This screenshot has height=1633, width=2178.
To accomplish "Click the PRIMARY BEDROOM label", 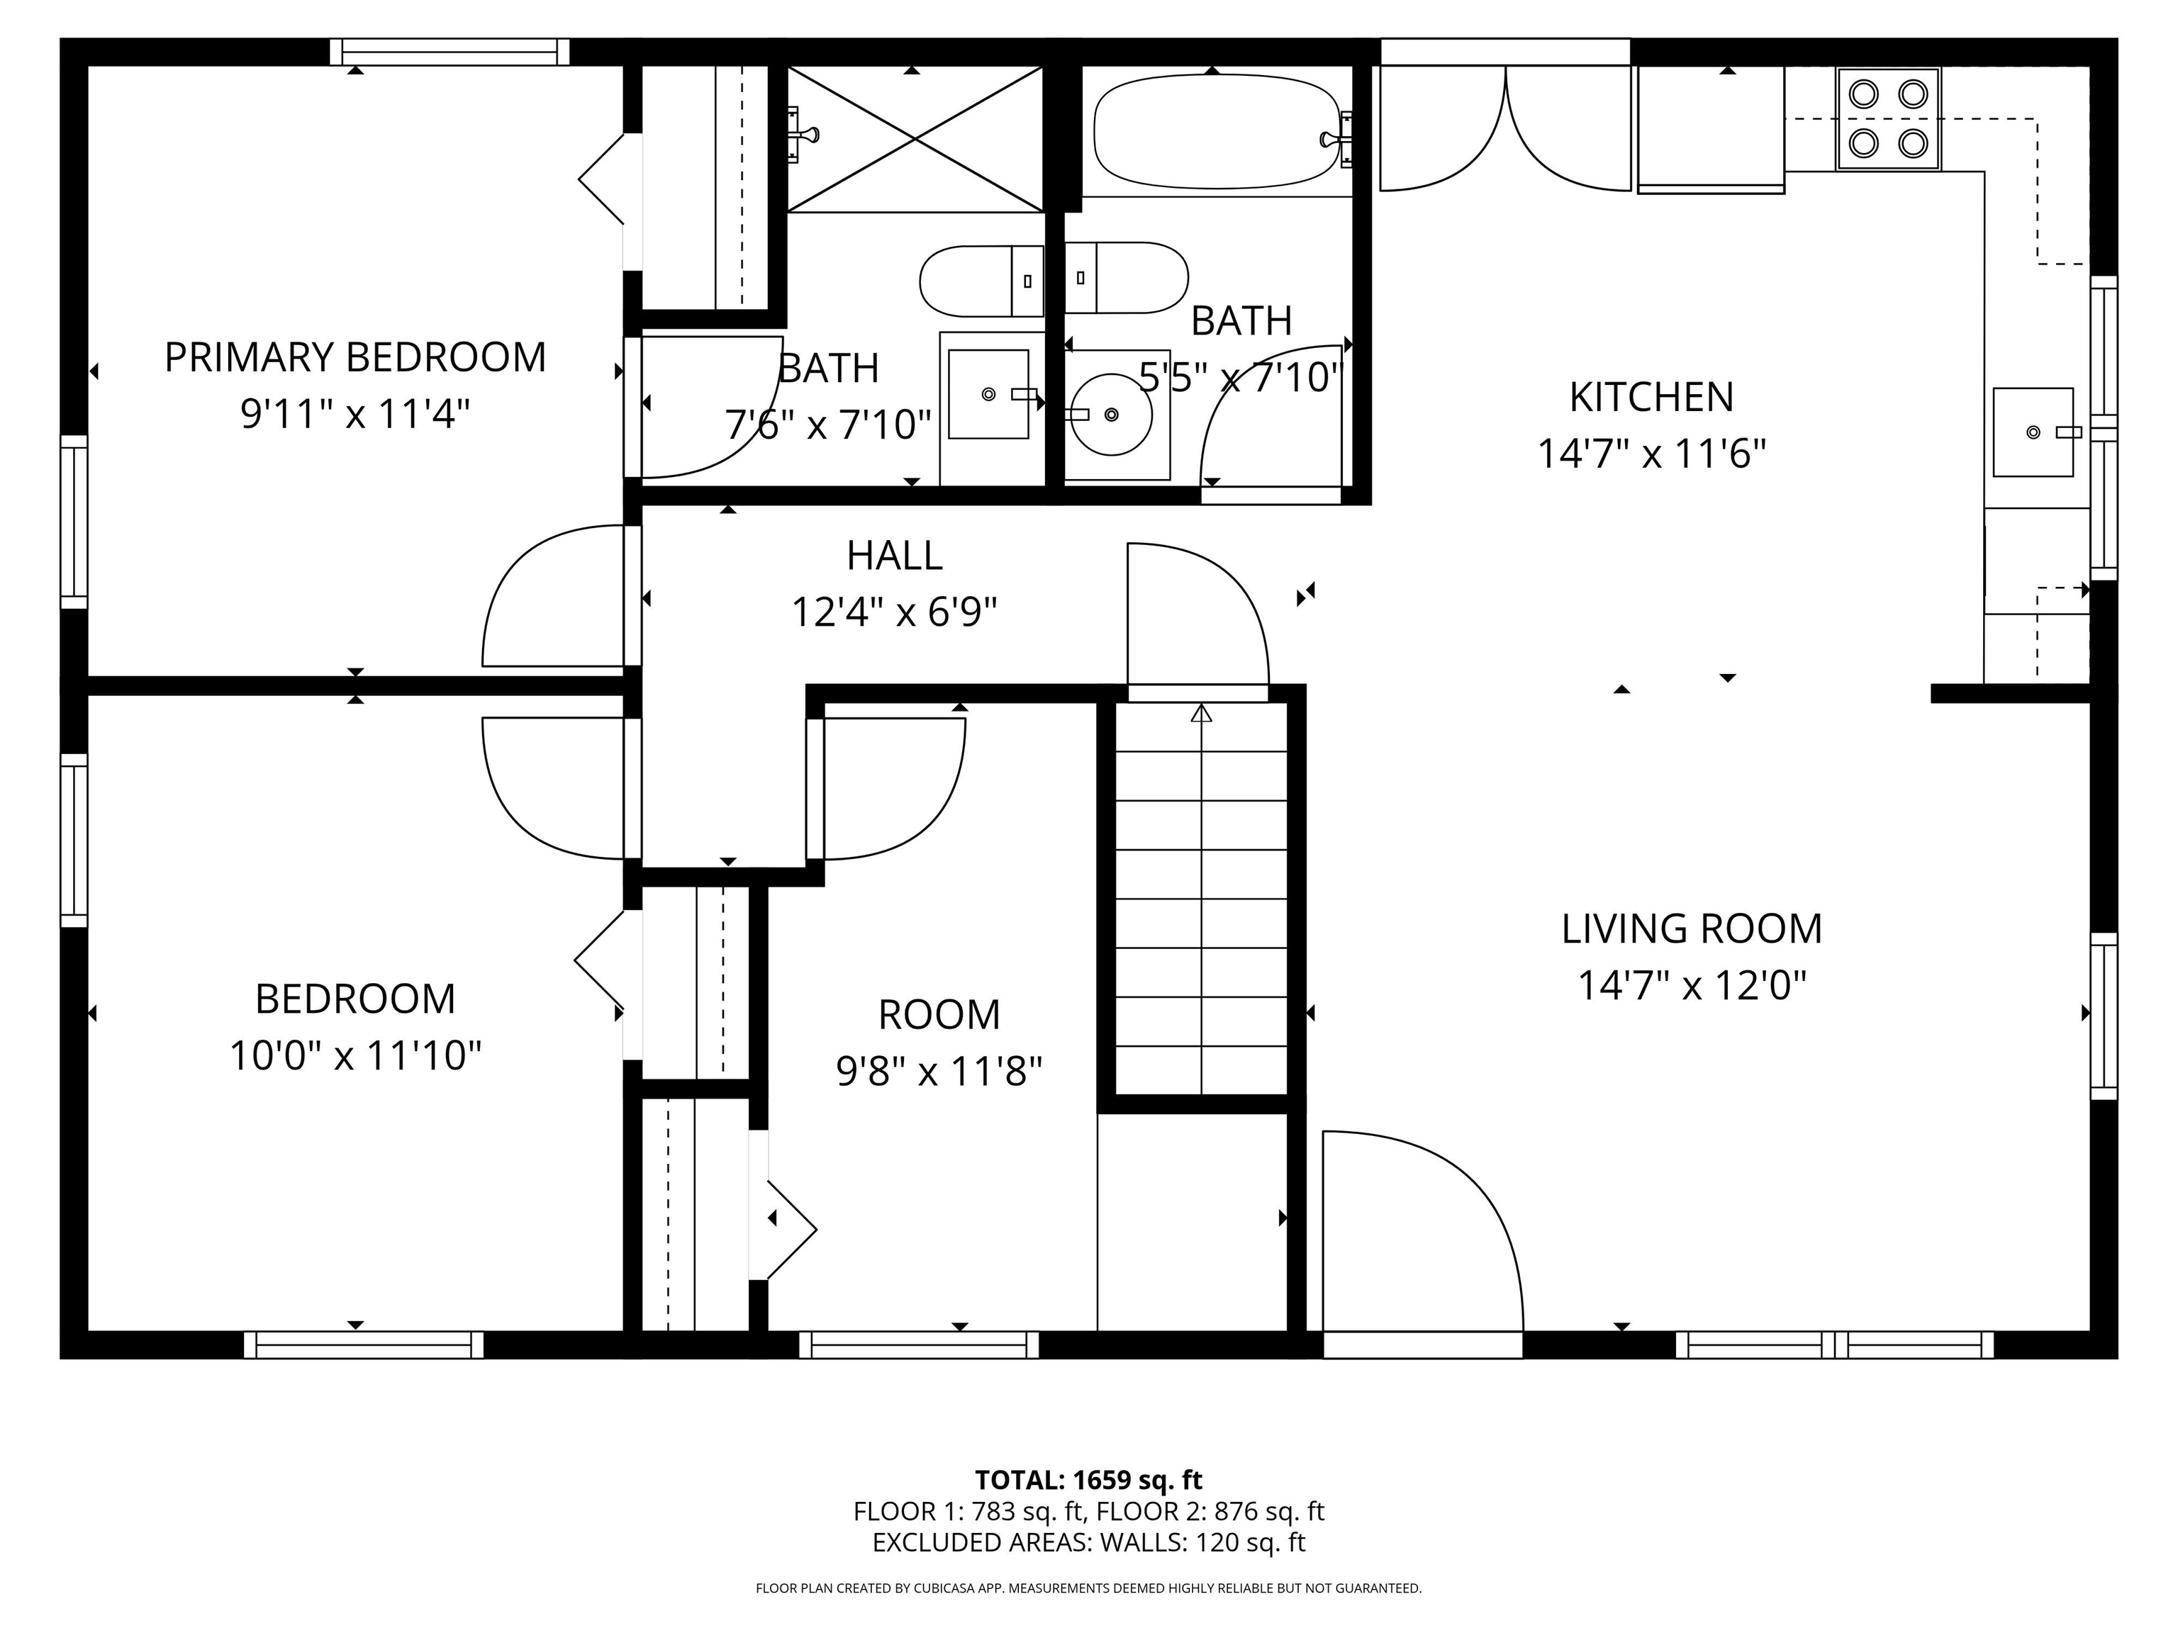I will click(x=354, y=357).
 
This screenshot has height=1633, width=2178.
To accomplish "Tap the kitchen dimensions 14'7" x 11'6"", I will click(x=1651, y=454).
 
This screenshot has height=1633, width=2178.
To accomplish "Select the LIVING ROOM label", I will click(x=1691, y=929).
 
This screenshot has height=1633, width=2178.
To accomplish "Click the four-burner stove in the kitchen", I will click(x=1887, y=119).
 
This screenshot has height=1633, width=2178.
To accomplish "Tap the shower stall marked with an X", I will click(x=915, y=139).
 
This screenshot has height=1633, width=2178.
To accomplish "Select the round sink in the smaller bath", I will click(x=1111, y=415).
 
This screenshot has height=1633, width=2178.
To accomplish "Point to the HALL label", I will click(x=894, y=556).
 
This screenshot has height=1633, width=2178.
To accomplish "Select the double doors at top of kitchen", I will click(x=1504, y=128).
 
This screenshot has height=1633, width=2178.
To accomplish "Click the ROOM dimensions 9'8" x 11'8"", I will click(x=939, y=1071).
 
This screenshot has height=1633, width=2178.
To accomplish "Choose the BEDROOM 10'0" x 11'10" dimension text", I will click(x=354, y=1056).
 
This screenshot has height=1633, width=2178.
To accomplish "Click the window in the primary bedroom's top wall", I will click(x=449, y=52).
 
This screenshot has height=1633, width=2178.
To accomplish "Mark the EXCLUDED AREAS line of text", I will click(x=1088, y=1542).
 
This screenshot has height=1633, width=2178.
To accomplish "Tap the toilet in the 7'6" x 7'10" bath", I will click(x=980, y=281).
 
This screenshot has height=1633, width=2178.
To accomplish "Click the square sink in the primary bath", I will click(x=988, y=395).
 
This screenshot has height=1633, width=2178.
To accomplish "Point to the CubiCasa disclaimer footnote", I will click(x=1088, y=1588).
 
